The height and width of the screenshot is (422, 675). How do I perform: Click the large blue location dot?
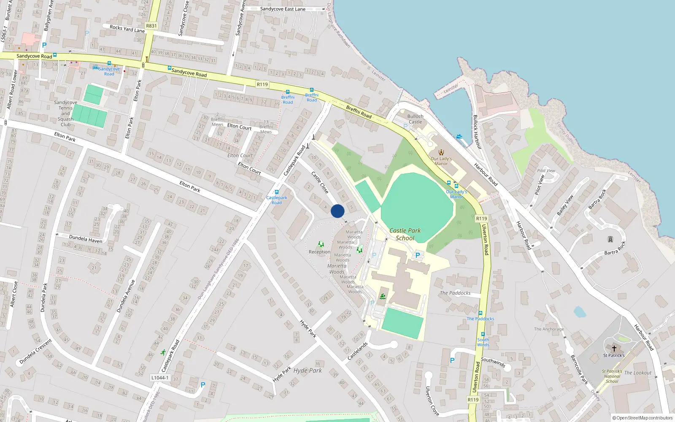point(337,211)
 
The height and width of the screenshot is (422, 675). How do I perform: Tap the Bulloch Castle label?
point(415,119)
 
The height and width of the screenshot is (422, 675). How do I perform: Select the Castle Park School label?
point(405,234)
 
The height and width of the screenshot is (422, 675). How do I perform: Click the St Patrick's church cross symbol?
point(614,349)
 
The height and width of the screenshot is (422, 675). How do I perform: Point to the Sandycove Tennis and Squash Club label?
point(65,114)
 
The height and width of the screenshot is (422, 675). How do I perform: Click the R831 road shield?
point(151,26)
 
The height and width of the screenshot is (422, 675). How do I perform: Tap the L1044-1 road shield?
point(160,378)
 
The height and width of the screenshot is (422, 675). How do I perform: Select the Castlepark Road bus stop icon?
point(277,192)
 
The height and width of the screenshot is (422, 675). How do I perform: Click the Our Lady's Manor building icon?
point(441,152)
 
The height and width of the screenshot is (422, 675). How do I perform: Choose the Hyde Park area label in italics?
point(308,371)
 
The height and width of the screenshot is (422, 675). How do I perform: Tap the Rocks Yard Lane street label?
point(127,29)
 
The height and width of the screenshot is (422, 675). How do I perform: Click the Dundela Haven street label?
point(86,239)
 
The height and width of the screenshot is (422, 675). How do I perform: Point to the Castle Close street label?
point(320,182)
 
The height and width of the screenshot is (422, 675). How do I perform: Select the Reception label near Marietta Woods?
point(319,252)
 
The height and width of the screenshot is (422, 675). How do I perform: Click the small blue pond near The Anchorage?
point(580,312)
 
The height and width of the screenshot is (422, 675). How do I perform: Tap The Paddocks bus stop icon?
point(481,314)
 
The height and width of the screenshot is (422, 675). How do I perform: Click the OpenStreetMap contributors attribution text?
point(643,418)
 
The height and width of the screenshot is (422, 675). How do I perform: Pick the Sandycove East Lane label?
point(283,9)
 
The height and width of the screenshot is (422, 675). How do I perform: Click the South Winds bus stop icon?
point(483,335)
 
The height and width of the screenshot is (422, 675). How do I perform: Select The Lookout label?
point(637,373)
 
